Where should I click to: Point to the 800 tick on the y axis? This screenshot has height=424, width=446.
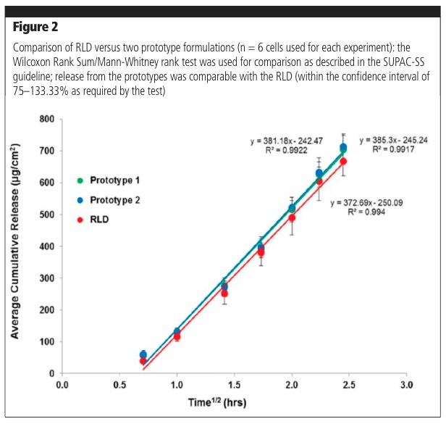click(x=47, y=120)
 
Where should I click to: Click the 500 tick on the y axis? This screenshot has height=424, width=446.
click(x=47, y=215)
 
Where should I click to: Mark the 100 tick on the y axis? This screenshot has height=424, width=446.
click(x=47, y=341)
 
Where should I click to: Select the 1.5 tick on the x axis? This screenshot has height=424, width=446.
click(x=234, y=386)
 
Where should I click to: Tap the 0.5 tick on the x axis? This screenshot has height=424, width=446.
click(x=119, y=386)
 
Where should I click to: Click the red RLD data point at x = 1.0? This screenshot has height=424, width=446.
click(x=177, y=336)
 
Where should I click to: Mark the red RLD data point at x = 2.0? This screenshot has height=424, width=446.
click(x=292, y=217)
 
